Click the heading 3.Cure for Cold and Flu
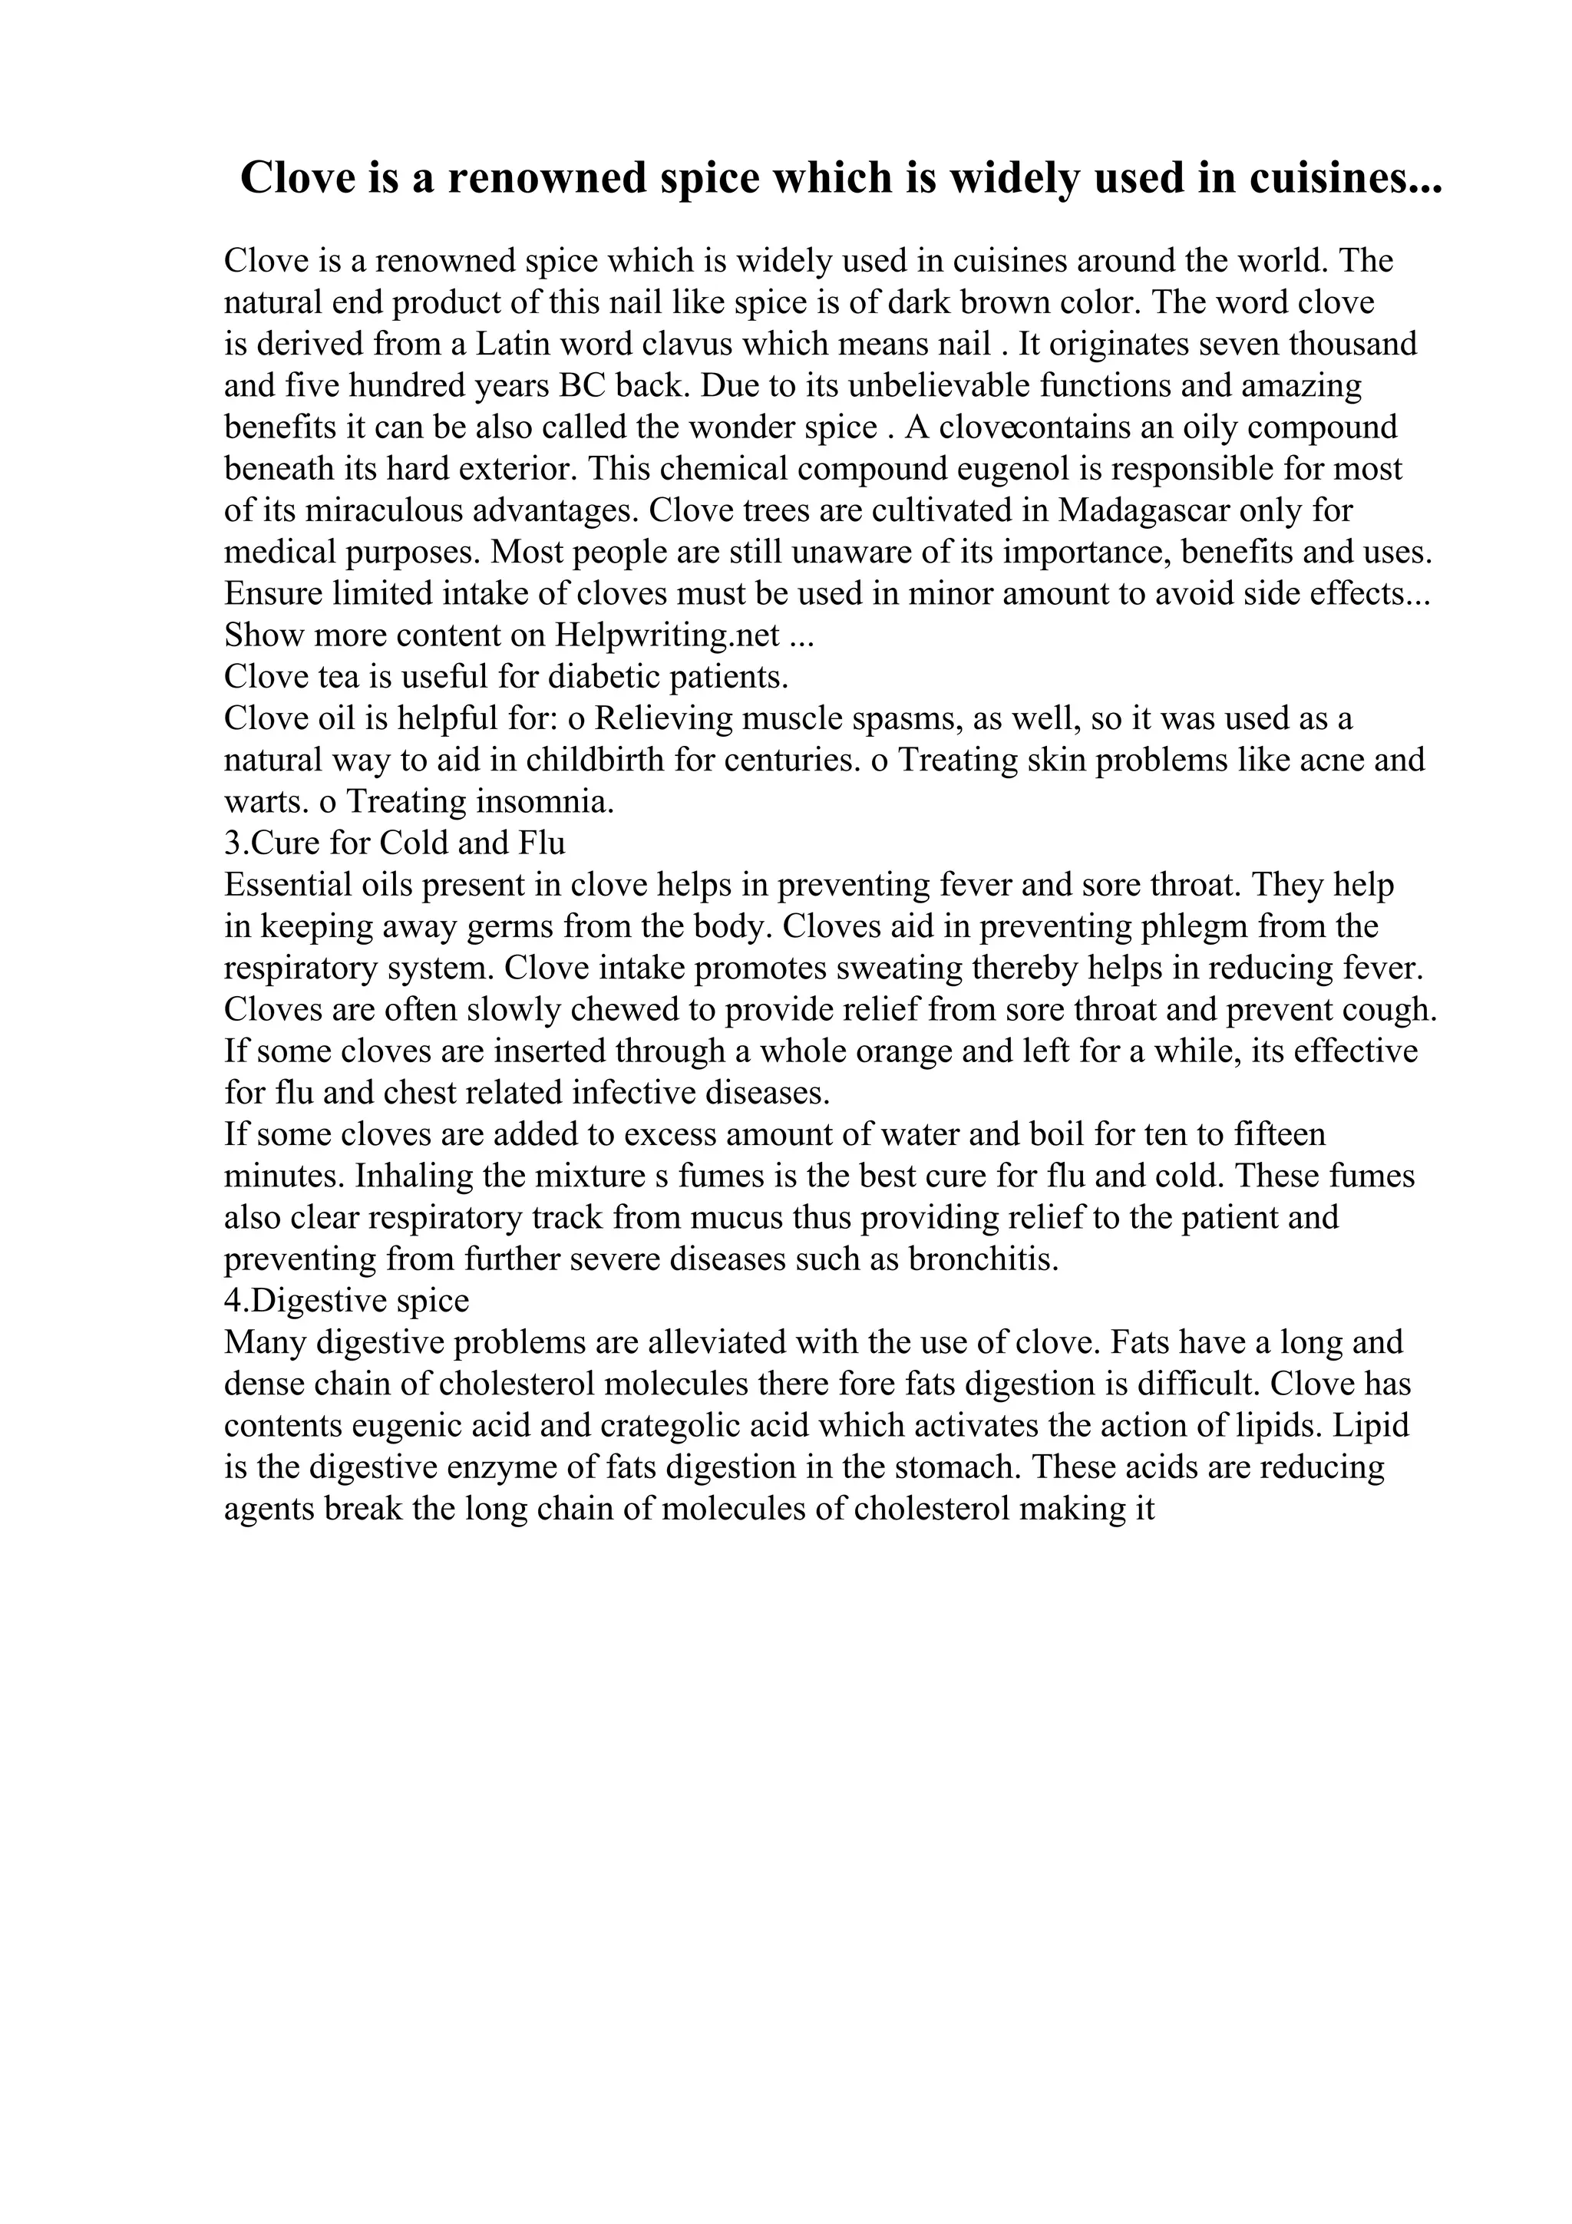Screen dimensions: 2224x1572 pos(395,843)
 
